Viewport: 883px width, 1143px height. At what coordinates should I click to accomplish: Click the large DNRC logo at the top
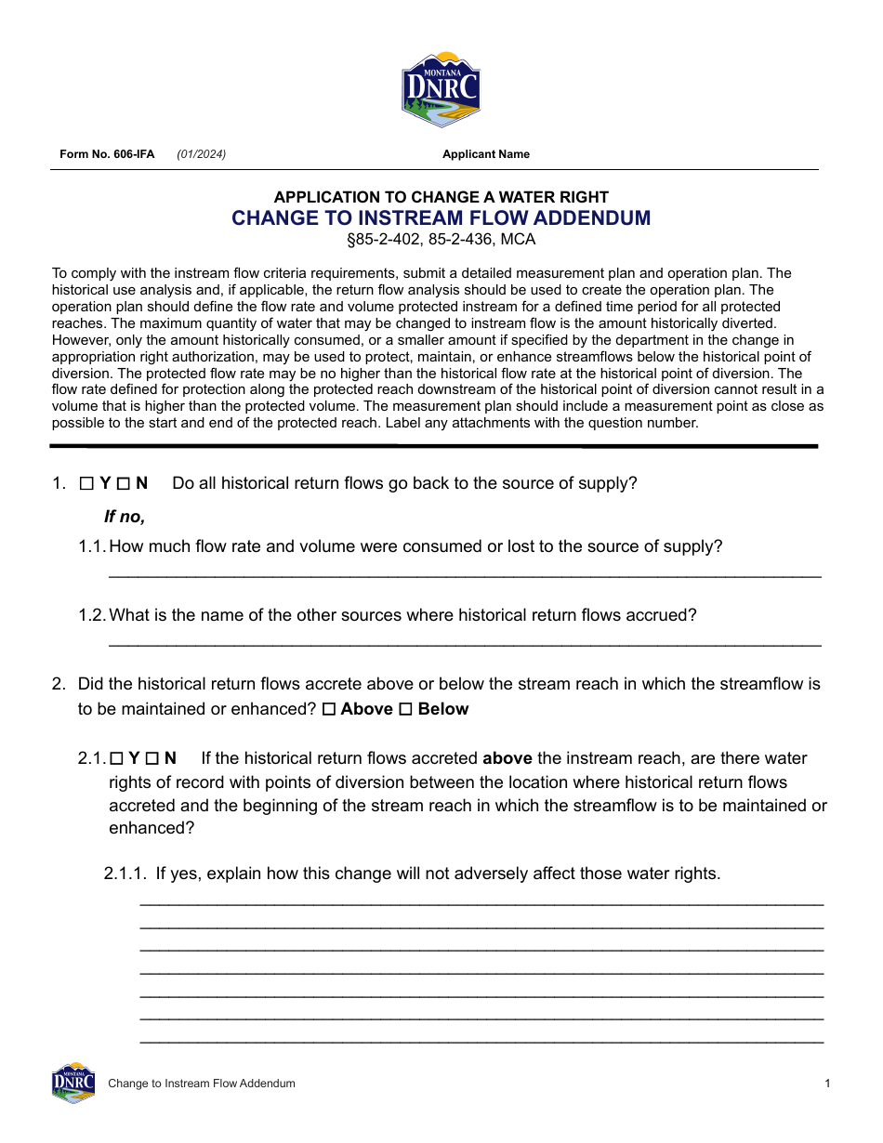(x=441, y=89)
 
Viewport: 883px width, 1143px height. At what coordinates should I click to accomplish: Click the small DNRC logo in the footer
(x=73, y=1083)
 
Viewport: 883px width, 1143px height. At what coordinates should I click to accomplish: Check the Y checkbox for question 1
(x=86, y=483)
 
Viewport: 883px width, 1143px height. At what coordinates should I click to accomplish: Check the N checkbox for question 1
(x=123, y=483)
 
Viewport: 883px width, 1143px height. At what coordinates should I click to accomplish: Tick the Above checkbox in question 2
(x=329, y=710)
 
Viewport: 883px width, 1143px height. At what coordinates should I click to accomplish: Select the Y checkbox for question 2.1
(x=116, y=758)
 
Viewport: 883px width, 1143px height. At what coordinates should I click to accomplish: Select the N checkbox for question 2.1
(x=152, y=758)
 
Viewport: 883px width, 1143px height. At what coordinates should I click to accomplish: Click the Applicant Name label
(x=485, y=154)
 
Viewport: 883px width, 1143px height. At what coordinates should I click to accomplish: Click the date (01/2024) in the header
(x=202, y=154)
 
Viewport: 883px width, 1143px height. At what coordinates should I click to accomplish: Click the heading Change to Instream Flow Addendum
(x=441, y=218)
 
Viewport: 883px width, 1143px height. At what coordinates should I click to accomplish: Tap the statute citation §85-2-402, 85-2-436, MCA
(x=441, y=240)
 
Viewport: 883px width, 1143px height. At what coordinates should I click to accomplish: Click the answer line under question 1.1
(x=465, y=573)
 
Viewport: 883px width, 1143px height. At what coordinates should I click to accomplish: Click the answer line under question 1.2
(x=465, y=642)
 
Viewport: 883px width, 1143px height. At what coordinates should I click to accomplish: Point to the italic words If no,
(x=125, y=517)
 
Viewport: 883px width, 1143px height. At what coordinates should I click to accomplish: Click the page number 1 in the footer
(x=827, y=1084)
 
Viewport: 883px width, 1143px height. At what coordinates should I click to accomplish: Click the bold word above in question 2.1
(x=507, y=758)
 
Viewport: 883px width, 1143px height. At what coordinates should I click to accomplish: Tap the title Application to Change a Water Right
(x=441, y=197)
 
